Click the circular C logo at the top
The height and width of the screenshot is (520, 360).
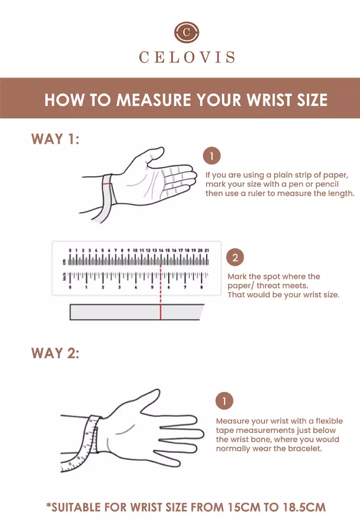click(x=187, y=32)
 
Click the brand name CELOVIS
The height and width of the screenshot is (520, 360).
click(x=187, y=57)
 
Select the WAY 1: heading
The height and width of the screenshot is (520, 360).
click(x=55, y=139)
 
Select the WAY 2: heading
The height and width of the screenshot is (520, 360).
click(x=55, y=353)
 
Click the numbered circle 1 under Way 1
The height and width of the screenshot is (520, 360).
click(x=212, y=156)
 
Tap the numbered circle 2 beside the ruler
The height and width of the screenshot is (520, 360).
click(x=235, y=257)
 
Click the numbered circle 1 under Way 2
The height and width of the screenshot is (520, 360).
click(x=224, y=401)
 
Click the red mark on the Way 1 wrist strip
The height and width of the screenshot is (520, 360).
click(x=106, y=183)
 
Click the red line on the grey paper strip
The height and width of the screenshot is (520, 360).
click(x=161, y=312)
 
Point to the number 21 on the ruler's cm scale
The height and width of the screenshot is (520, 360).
click(x=206, y=251)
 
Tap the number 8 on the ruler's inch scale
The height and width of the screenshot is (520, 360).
click(x=202, y=287)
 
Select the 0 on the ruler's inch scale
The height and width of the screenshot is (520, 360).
click(x=70, y=287)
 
